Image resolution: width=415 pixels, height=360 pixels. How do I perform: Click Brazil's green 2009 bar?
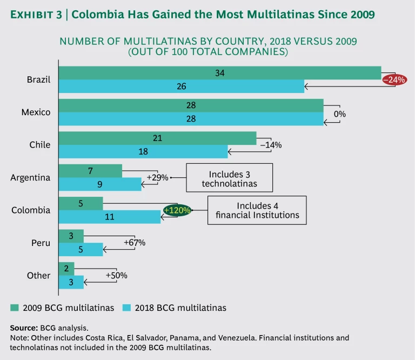[x=219, y=73]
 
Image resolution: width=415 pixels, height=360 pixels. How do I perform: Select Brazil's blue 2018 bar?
[x=181, y=86]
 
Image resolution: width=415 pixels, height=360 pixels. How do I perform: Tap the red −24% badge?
[x=394, y=79]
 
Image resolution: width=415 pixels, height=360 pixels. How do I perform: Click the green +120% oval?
[x=177, y=210]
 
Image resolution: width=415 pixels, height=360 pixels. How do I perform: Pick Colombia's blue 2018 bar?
[x=109, y=217]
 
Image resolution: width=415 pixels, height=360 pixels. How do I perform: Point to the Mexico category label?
[x=36, y=112]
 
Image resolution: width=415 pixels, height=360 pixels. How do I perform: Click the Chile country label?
[x=40, y=145]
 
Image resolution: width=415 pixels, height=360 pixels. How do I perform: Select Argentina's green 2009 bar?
[x=90, y=171]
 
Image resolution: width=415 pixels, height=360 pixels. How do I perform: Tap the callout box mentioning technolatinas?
[x=230, y=178]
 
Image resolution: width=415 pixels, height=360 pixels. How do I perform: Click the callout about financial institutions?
[x=257, y=210]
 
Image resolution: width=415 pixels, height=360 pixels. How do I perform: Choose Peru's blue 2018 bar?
[x=81, y=249]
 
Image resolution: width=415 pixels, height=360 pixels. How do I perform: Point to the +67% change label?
[x=135, y=243]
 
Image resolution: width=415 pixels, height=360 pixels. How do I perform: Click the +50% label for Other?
[x=117, y=275]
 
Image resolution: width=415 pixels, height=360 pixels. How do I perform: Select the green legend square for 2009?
[x=15, y=308]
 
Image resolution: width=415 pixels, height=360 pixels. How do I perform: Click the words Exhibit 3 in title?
[x=36, y=14]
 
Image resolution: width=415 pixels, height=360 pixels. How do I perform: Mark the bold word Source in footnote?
[x=23, y=328]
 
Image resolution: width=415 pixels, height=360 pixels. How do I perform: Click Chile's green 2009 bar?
[x=157, y=138]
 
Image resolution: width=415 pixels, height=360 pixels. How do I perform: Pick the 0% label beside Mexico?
[x=339, y=114]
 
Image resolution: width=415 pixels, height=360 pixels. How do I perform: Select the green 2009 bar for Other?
[x=66, y=269]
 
